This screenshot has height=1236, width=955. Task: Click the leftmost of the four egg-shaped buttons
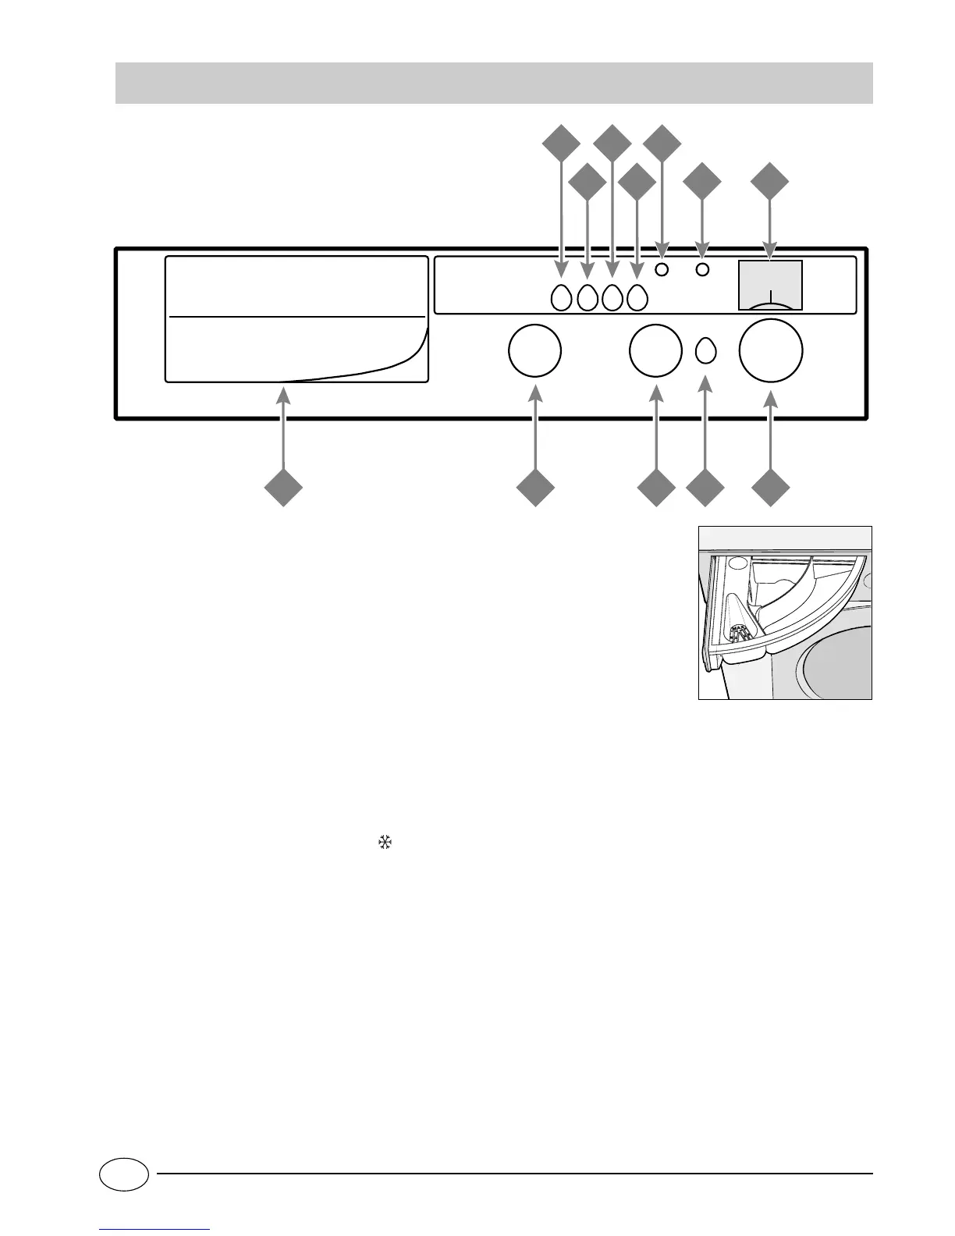point(561,297)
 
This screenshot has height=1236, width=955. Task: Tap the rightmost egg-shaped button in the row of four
point(637,297)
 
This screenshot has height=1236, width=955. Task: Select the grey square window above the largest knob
point(770,283)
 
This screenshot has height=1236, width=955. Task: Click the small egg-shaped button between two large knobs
point(705,351)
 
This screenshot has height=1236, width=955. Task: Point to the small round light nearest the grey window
point(702,270)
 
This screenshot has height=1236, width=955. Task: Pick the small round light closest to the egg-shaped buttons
point(662,270)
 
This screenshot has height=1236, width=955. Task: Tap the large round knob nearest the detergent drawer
point(534,351)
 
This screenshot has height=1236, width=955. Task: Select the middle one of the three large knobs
point(655,351)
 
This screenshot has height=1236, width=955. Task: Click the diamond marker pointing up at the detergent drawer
point(283,488)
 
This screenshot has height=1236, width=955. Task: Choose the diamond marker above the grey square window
point(771,182)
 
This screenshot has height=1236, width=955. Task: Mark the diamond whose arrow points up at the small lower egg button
point(705,488)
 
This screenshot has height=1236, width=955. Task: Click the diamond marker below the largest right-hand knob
point(771,488)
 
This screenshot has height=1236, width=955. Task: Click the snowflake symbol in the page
point(384,842)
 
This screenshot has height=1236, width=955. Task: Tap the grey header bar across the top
point(493,83)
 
